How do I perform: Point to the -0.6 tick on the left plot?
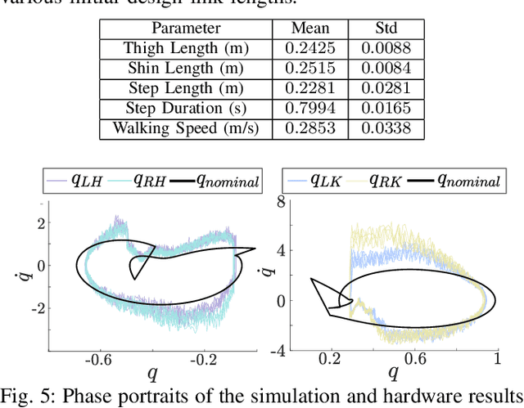(x=100, y=359)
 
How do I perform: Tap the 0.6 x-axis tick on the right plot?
(x=414, y=359)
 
